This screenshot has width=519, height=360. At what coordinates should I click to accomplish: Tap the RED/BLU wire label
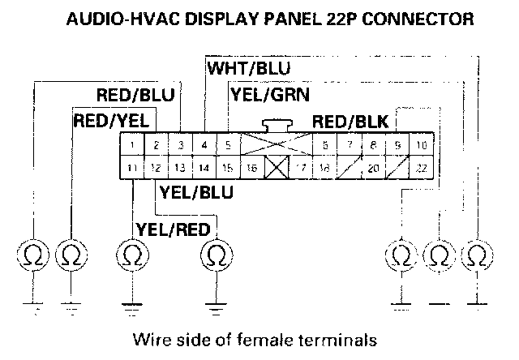click(135, 96)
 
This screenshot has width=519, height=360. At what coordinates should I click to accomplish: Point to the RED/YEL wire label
click(111, 121)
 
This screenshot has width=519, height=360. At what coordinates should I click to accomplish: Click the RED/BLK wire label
click(351, 122)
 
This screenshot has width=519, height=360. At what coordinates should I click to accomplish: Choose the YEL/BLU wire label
click(197, 192)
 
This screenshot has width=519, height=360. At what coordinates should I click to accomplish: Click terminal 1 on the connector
click(131, 146)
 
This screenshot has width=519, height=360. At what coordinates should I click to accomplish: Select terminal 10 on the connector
click(422, 146)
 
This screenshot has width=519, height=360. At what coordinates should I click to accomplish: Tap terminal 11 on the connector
click(131, 168)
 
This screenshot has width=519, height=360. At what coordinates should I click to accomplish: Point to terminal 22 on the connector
click(422, 168)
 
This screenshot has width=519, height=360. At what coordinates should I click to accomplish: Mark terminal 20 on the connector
click(373, 169)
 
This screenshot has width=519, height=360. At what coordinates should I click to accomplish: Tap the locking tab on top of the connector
click(277, 126)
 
